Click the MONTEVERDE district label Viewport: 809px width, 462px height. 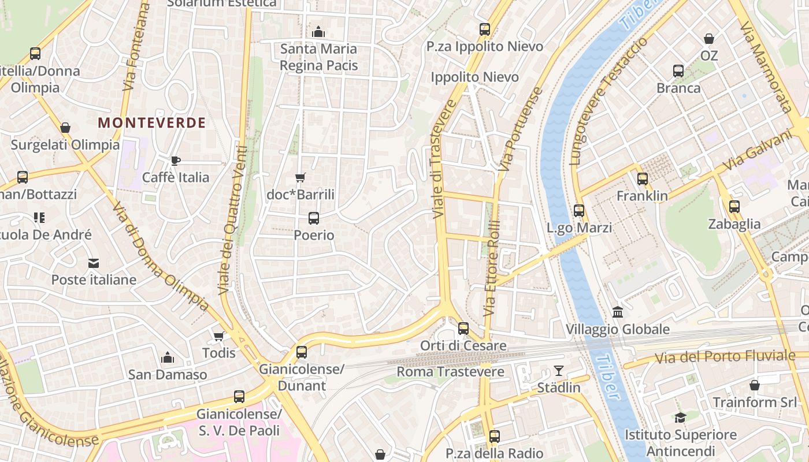[152, 122]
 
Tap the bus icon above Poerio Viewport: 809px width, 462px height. [314, 218]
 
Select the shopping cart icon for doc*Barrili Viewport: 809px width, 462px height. [300, 177]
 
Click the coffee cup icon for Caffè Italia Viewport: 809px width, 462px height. [176, 161]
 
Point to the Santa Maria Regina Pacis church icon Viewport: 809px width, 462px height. [318, 32]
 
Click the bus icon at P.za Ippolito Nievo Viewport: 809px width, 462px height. [485, 29]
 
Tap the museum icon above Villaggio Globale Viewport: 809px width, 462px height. [618, 312]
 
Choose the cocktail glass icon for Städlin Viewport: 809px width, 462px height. [559, 370]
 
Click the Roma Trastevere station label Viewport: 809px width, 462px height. [454, 371]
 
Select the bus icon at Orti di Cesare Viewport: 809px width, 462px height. [463, 329]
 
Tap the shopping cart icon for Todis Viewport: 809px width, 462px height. [219, 336]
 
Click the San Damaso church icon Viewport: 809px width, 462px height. [168, 357]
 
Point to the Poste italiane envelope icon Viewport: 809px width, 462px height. [94, 263]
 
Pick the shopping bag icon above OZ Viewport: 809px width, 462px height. [709, 39]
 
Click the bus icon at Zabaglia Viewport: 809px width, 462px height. [734, 207]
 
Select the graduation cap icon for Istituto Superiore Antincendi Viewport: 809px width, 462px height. [680, 418]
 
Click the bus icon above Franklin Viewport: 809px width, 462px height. [642, 179]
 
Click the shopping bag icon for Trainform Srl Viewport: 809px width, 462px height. [754, 385]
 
